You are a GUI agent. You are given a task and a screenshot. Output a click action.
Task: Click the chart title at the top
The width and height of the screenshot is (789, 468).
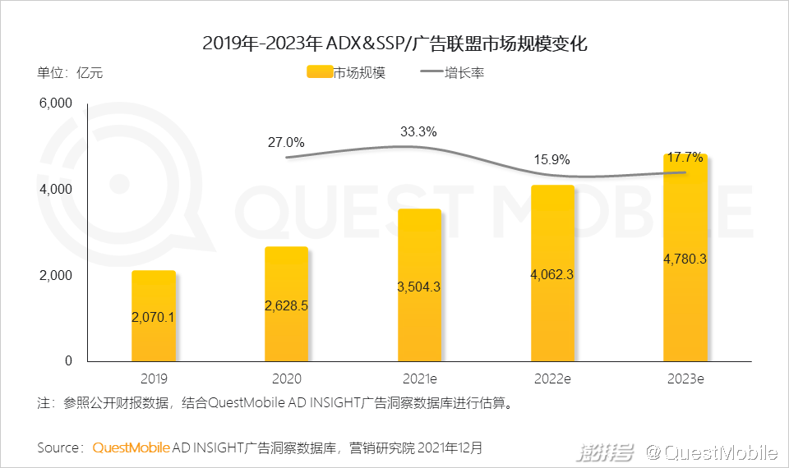[x=394, y=44]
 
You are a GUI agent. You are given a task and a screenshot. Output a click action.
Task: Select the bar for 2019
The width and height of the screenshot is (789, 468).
[x=154, y=316]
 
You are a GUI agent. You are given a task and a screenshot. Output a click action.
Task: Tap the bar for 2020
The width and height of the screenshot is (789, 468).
[x=286, y=304]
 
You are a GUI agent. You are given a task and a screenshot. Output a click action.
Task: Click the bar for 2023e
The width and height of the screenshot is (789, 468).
[x=685, y=258]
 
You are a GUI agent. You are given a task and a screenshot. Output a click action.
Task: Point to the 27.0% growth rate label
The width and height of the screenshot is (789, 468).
[x=286, y=142]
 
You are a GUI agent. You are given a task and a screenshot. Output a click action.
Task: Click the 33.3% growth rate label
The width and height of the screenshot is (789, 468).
[x=418, y=131]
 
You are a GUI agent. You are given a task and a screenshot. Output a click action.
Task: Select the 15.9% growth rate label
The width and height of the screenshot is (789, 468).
[x=551, y=160]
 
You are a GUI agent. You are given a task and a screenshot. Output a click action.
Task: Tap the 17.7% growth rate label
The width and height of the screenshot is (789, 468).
[x=685, y=157]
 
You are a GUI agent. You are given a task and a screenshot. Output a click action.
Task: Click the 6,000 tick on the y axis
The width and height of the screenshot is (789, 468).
[x=56, y=103]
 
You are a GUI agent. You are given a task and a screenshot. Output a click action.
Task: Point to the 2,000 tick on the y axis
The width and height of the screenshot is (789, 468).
[x=56, y=275]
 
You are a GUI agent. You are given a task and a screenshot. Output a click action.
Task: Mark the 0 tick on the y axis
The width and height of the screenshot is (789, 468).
[x=68, y=360]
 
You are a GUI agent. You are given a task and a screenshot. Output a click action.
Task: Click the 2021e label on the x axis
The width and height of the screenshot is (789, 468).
[x=419, y=379]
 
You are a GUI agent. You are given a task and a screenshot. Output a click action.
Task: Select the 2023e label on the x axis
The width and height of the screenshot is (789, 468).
[x=685, y=379]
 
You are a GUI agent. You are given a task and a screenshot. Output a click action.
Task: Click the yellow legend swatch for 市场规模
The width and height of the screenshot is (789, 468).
[x=319, y=72]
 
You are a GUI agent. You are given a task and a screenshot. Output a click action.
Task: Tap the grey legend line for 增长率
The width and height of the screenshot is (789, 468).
[x=432, y=72]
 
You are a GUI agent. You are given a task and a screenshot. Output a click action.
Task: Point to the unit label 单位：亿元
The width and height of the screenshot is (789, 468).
[x=70, y=72]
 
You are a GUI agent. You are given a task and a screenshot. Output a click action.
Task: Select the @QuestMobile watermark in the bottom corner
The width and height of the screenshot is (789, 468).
[x=711, y=451]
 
